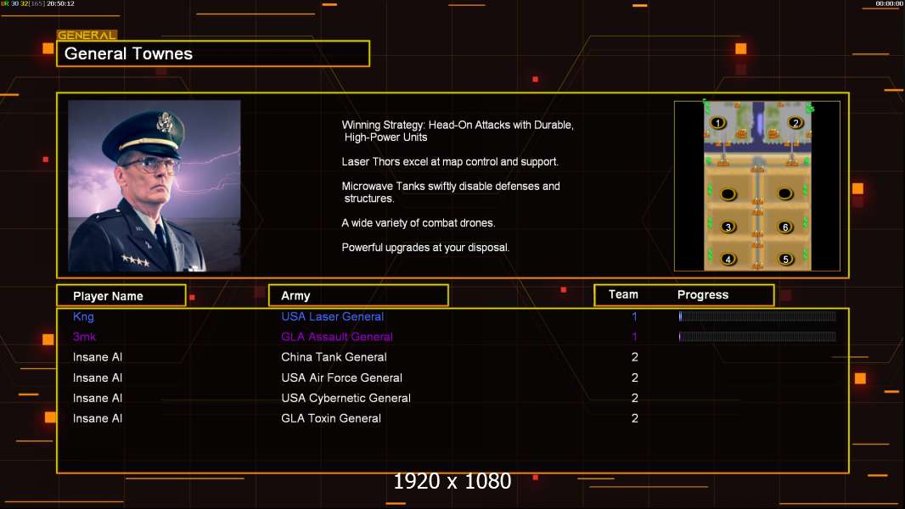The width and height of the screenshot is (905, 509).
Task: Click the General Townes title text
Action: click(128, 53)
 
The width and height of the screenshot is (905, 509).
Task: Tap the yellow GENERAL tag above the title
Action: click(87, 35)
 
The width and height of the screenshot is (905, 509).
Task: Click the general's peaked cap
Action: click(144, 132)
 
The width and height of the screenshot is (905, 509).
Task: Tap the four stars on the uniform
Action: click(136, 260)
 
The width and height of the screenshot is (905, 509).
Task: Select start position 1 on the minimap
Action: click(717, 122)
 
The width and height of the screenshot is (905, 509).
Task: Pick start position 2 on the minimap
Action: click(795, 122)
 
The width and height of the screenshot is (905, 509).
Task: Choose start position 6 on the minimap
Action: click(785, 227)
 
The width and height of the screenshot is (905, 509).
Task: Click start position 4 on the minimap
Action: click(728, 260)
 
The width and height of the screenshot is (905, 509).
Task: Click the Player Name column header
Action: click(108, 296)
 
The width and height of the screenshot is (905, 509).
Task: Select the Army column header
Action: click(295, 296)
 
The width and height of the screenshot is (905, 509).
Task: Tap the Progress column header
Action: click(702, 294)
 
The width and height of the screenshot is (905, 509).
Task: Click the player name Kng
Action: click(83, 316)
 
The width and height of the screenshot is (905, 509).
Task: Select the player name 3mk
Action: click(84, 337)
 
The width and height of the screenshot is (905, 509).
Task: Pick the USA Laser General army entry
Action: click(332, 316)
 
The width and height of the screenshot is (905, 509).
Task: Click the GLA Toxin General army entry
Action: click(331, 418)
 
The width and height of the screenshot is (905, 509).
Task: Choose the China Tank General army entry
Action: click(334, 357)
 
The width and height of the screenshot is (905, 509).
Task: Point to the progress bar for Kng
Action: click(757, 316)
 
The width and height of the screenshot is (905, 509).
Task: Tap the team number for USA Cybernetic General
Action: click(635, 399)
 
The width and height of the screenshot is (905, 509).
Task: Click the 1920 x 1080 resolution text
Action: click(452, 481)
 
